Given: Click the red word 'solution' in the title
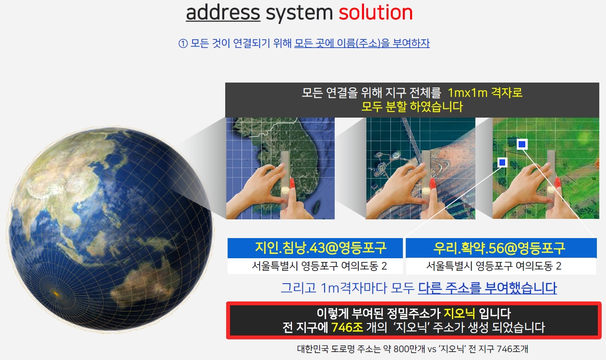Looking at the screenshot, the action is [x=376, y=12].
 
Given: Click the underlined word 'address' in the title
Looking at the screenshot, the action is [x=223, y=12].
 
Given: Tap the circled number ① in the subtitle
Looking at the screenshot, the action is [x=183, y=43].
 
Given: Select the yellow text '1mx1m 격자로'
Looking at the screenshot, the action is [x=485, y=93].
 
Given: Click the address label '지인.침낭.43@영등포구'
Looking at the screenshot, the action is [x=321, y=248].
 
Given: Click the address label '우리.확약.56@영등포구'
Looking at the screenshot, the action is [x=499, y=248].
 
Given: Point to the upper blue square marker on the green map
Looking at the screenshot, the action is [x=522, y=144].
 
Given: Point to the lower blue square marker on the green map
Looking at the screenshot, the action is [x=502, y=162].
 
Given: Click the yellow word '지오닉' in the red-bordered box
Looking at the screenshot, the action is [x=459, y=313].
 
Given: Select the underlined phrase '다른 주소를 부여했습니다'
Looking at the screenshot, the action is [x=487, y=288].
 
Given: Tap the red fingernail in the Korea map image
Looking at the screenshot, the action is [x=292, y=183].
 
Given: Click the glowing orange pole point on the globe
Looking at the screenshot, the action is [x=56, y=293].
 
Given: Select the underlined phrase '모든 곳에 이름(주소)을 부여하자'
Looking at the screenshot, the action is [x=362, y=43].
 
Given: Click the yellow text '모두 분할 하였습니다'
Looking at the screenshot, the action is [x=412, y=107].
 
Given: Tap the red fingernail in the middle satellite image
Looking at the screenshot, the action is [x=432, y=183].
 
